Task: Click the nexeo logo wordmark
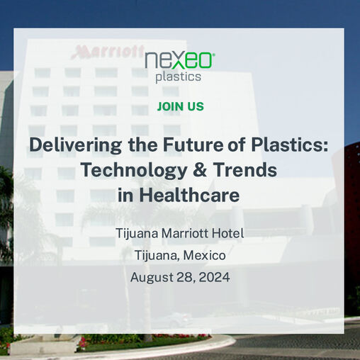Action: [x=179, y=61]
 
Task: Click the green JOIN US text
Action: [x=180, y=106]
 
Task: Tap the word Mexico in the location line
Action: [x=207, y=255]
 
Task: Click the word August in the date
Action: [x=151, y=277]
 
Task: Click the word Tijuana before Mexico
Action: [x=157, y=255]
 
